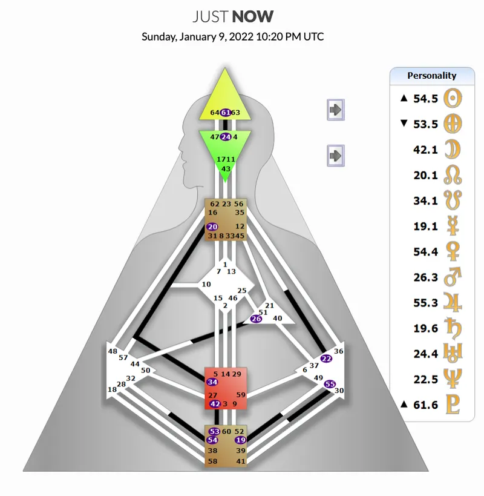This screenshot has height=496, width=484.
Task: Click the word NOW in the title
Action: [x=252, y=17]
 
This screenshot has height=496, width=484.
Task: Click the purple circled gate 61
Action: [x=226, y=112]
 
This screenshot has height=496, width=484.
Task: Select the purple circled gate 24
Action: [x=226, y=137]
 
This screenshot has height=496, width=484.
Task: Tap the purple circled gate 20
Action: [x=212, y=227]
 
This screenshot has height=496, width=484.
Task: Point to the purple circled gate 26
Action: [x=256, y=319]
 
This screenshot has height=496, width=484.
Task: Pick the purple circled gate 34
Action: [x=212, y=382]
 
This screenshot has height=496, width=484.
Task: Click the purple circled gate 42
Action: [x=215, y=404]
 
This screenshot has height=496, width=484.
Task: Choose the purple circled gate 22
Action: [x=326, y=359]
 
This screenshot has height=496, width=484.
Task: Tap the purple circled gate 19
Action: [x=240, y=440]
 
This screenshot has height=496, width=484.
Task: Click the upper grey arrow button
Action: [x=336, y=110]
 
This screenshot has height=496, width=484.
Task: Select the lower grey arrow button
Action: [x=336, y=156]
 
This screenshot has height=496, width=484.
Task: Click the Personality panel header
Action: [x=432, y=76]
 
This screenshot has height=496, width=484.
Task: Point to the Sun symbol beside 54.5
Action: [x=453, y=98]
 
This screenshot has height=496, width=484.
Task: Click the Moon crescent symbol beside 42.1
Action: [x=453, y=150]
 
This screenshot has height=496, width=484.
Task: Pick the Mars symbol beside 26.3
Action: [x=453, y=277]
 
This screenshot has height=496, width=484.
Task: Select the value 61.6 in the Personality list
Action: [x=425, y=405]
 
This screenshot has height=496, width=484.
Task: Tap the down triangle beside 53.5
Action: [x=404, y=123]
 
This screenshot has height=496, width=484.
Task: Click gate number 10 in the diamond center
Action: [x=206, y=284]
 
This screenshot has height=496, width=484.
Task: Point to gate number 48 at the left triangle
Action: [x=113, y=351]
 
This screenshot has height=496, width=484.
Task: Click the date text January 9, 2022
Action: [x=217, y=37]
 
